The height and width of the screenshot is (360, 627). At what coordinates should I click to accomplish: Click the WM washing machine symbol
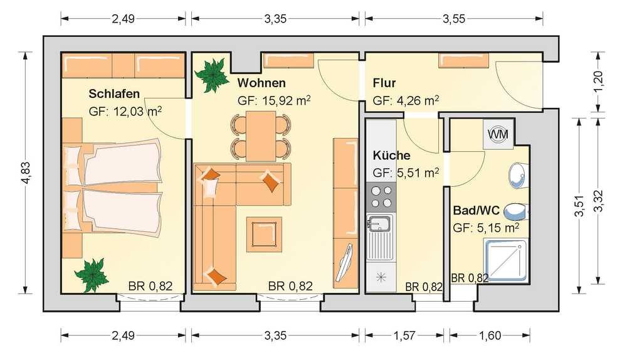498,134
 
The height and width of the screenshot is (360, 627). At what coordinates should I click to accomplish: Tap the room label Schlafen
114,93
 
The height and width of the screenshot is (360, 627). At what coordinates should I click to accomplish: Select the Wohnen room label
261,83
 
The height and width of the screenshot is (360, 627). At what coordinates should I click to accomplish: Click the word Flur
384,83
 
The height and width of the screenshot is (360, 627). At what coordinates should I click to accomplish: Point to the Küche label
391,155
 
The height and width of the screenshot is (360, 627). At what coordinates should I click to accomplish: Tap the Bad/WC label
477,210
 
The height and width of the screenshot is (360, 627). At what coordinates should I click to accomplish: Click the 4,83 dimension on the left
26,173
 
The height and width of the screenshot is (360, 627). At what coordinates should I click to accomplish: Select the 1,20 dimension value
599,81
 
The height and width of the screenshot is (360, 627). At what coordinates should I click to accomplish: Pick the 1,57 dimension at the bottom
404,336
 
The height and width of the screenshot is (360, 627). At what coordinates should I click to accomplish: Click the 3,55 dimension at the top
454,19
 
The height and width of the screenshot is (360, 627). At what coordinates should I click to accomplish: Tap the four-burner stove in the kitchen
381,197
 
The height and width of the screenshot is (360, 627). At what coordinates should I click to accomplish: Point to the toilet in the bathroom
516,212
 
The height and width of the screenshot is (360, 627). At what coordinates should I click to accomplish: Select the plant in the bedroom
92,275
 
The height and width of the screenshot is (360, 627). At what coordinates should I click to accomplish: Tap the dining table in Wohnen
261,136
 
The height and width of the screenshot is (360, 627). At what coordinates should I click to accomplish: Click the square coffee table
264,235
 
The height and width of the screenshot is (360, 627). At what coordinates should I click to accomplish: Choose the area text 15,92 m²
274,100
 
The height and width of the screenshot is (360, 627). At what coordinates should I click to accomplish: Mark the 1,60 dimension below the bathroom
490,336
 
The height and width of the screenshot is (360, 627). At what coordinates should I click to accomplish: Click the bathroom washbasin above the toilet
519,175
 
